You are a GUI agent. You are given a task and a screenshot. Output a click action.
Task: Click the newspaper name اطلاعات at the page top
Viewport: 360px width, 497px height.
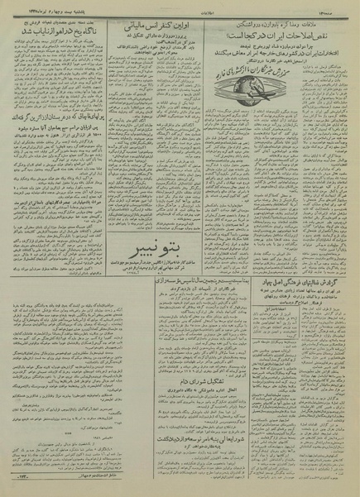(180, 7)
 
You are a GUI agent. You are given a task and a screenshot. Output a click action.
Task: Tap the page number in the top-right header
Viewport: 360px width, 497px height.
(344, 7)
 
